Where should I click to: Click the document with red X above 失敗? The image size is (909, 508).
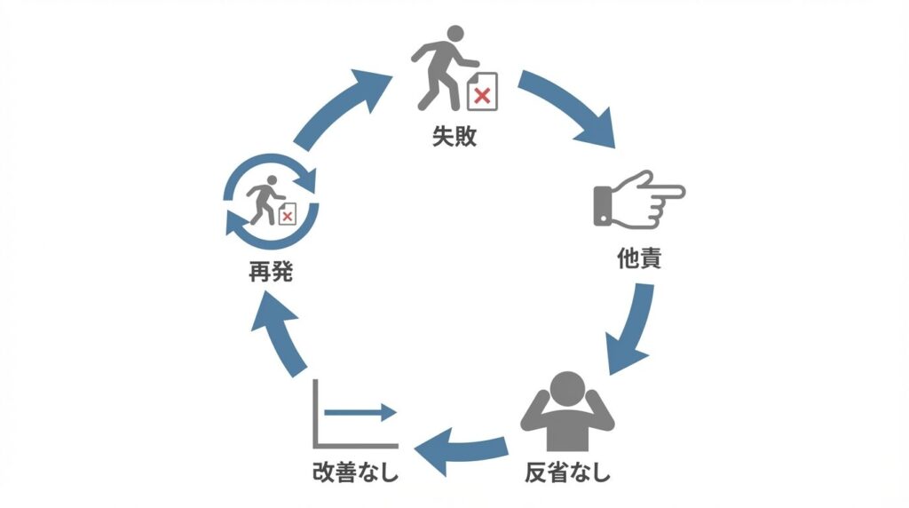(x=482, y=92)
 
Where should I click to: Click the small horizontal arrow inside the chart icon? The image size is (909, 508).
(x=360, y=412)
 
